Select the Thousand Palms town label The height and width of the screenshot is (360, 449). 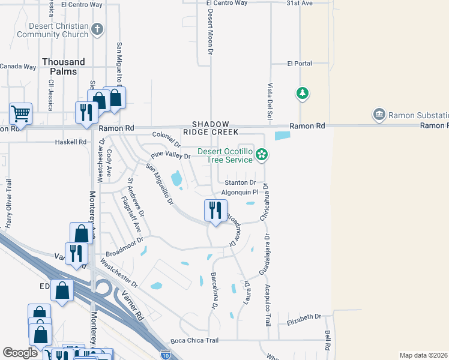pyautogui.click(x=63, y=67)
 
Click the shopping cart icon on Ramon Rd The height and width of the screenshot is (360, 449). pyautogui.click(x=20, y=112)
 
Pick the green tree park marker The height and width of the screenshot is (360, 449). pyautogui.click(x=302, y=93)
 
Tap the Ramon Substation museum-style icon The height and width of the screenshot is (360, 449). pyautogui.click(x=379, y=114)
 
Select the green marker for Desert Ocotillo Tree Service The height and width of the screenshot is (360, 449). pyautogui.click(x=261, y=155)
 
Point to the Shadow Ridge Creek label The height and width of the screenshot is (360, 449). pyautogui.click(x=215, y=127)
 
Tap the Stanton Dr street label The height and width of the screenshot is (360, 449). pyautogui.click(x=240, y=182)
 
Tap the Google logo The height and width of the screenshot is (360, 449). pyautogui.click(x=20, y=353)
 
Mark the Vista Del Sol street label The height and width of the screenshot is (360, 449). pyautogui.click(x=270, y=100)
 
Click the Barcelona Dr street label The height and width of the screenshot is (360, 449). pyautogui.click(x=214, y=292)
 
